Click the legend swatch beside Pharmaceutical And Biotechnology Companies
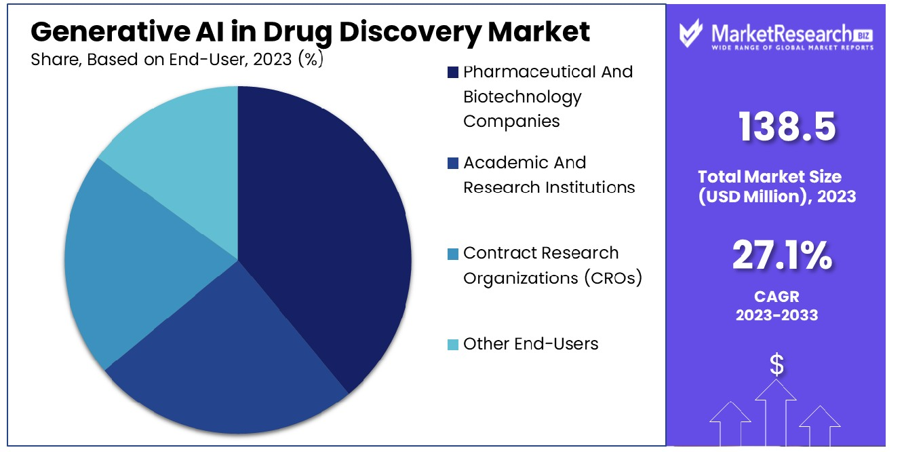452,72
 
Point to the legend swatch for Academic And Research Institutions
452,163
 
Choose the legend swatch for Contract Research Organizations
452,254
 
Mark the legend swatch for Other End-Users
452,345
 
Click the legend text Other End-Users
530,344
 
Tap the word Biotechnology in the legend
522,96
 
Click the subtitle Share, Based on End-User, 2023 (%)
177,60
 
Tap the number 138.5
787,127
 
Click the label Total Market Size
769,177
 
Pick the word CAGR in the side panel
777,297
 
